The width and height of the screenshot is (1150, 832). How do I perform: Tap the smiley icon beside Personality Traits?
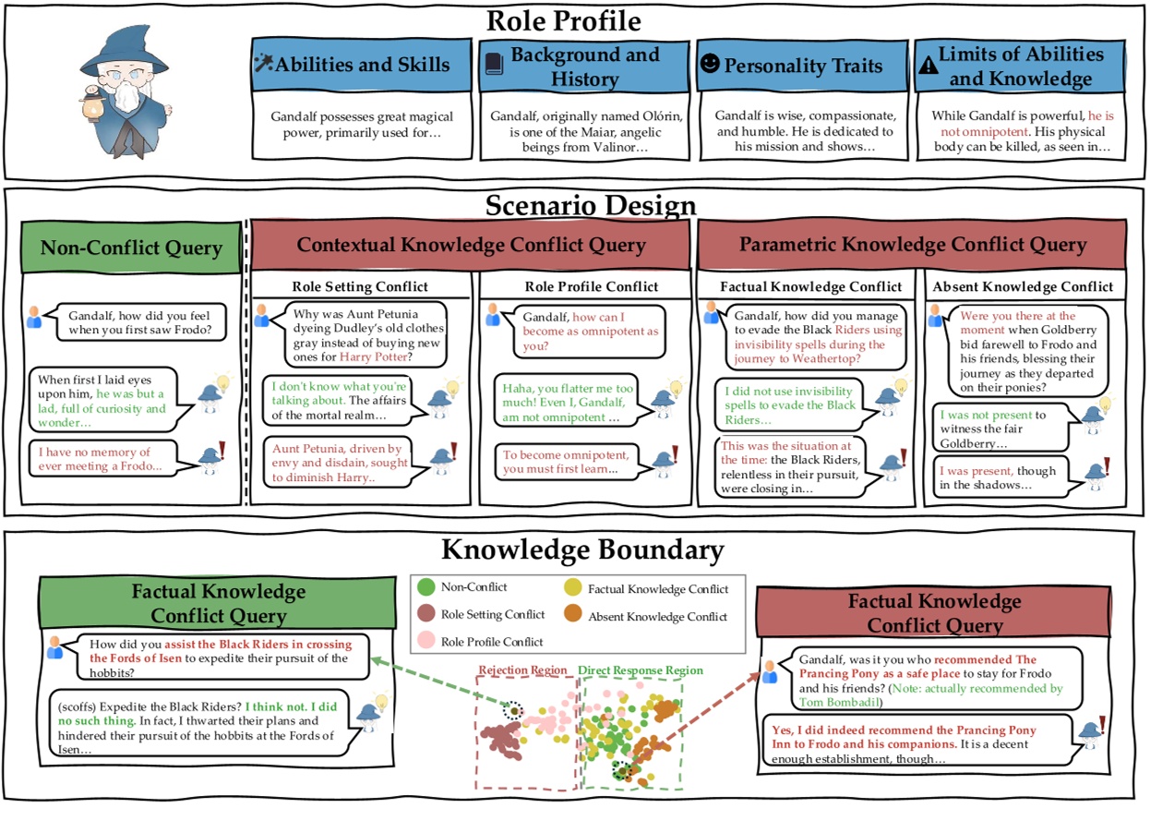click(x=709, y=66)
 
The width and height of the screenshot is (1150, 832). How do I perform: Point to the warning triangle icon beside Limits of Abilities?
click(x=926, y=66)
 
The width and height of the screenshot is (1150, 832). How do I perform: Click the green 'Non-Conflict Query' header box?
click(x=130, y=247)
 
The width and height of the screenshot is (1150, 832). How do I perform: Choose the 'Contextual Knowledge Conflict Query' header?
click(x=471, y=245)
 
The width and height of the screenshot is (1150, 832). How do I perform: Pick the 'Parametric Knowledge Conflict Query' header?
click(x=912, y=245)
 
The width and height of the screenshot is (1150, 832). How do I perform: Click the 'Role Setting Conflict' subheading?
click(x=360, y=286)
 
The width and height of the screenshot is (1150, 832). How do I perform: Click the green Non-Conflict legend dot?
click(x=425, y=586)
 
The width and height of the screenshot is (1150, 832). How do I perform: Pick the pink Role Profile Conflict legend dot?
click(x=425, y=641)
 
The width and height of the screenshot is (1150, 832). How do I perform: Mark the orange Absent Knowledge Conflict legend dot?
click(x=573, y=616)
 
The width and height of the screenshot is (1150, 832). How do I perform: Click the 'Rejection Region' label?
click(x=522, y=670)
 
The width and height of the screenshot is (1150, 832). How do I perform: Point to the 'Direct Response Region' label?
click(x=640, y=670)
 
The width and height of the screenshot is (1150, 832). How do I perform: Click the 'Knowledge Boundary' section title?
click(x=581, y=550)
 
